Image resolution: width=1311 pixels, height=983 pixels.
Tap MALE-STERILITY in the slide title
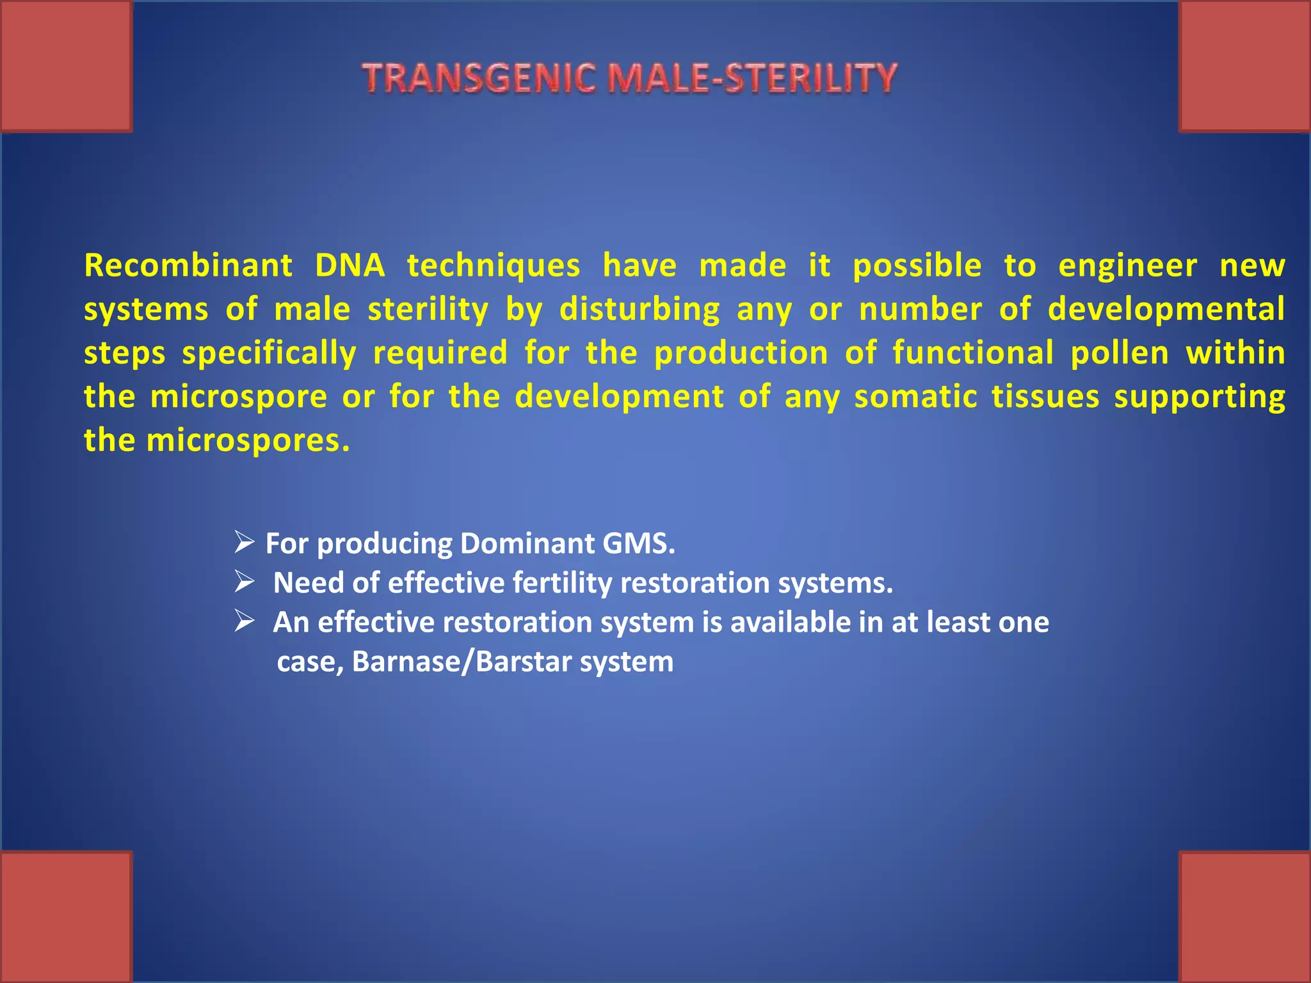(x=752, y=79)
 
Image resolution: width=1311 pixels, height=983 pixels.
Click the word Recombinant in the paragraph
(x=188, y=266)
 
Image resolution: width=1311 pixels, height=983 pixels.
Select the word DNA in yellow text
(x=350, y=266)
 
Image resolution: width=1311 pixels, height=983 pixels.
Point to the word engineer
(x=1127, y=266)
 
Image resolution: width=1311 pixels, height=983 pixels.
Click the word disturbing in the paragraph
(x=639, y=310)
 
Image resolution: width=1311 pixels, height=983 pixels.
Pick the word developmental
(x=1166, y=310)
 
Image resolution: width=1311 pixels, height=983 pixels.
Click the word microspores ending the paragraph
(x=248, y=441)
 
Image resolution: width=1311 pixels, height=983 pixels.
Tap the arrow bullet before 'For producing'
(x=245, y=542)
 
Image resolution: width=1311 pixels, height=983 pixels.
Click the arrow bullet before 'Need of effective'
(x=245, y=581)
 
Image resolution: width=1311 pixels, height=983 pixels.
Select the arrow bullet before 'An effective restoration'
(x=245, y=621)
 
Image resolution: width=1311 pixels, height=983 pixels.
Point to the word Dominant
(x=527, y=543)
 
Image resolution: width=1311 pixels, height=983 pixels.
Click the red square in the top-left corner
(x=66, y=66)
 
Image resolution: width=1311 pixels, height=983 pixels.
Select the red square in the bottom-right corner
(x=1244, y=916)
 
